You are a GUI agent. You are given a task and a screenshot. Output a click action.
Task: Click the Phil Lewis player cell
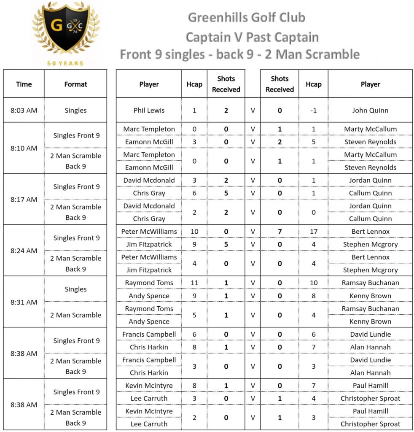tap(149, 111)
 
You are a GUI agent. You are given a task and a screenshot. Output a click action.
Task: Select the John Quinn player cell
tap(370, 111)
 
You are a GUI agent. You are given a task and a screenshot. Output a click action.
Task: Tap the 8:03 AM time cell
tap(24, 111)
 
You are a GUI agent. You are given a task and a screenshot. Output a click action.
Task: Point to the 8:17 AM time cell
tap(24, 199)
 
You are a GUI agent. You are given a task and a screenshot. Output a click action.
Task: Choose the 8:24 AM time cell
tap(24, 251)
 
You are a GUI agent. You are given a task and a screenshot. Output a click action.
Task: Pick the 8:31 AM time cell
tap(24, 302)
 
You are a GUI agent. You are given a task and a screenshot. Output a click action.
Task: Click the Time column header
tap(24, 84)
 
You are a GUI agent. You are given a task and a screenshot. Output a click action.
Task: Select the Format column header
tap(75, 84)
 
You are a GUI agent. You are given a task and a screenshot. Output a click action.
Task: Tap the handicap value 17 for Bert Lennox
tap(313, 232)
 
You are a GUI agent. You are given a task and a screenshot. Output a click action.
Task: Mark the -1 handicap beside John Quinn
tap(313, 111)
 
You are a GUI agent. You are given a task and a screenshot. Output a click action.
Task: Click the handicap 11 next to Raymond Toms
tap(194, 283)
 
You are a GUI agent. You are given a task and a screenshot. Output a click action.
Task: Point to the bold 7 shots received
tap(280, 232)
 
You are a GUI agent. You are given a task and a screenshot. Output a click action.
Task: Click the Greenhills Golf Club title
tap(246, 18)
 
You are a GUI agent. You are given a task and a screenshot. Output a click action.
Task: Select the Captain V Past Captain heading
tap(252, 37)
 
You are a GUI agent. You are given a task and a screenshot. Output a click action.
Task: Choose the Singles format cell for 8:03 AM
tap(75, 111)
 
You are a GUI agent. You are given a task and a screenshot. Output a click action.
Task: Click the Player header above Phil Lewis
tap(149, 84)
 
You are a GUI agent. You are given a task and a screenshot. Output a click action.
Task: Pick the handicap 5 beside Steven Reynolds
tap(313, 142)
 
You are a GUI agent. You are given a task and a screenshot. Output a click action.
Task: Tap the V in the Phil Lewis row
tap(253, 111)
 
